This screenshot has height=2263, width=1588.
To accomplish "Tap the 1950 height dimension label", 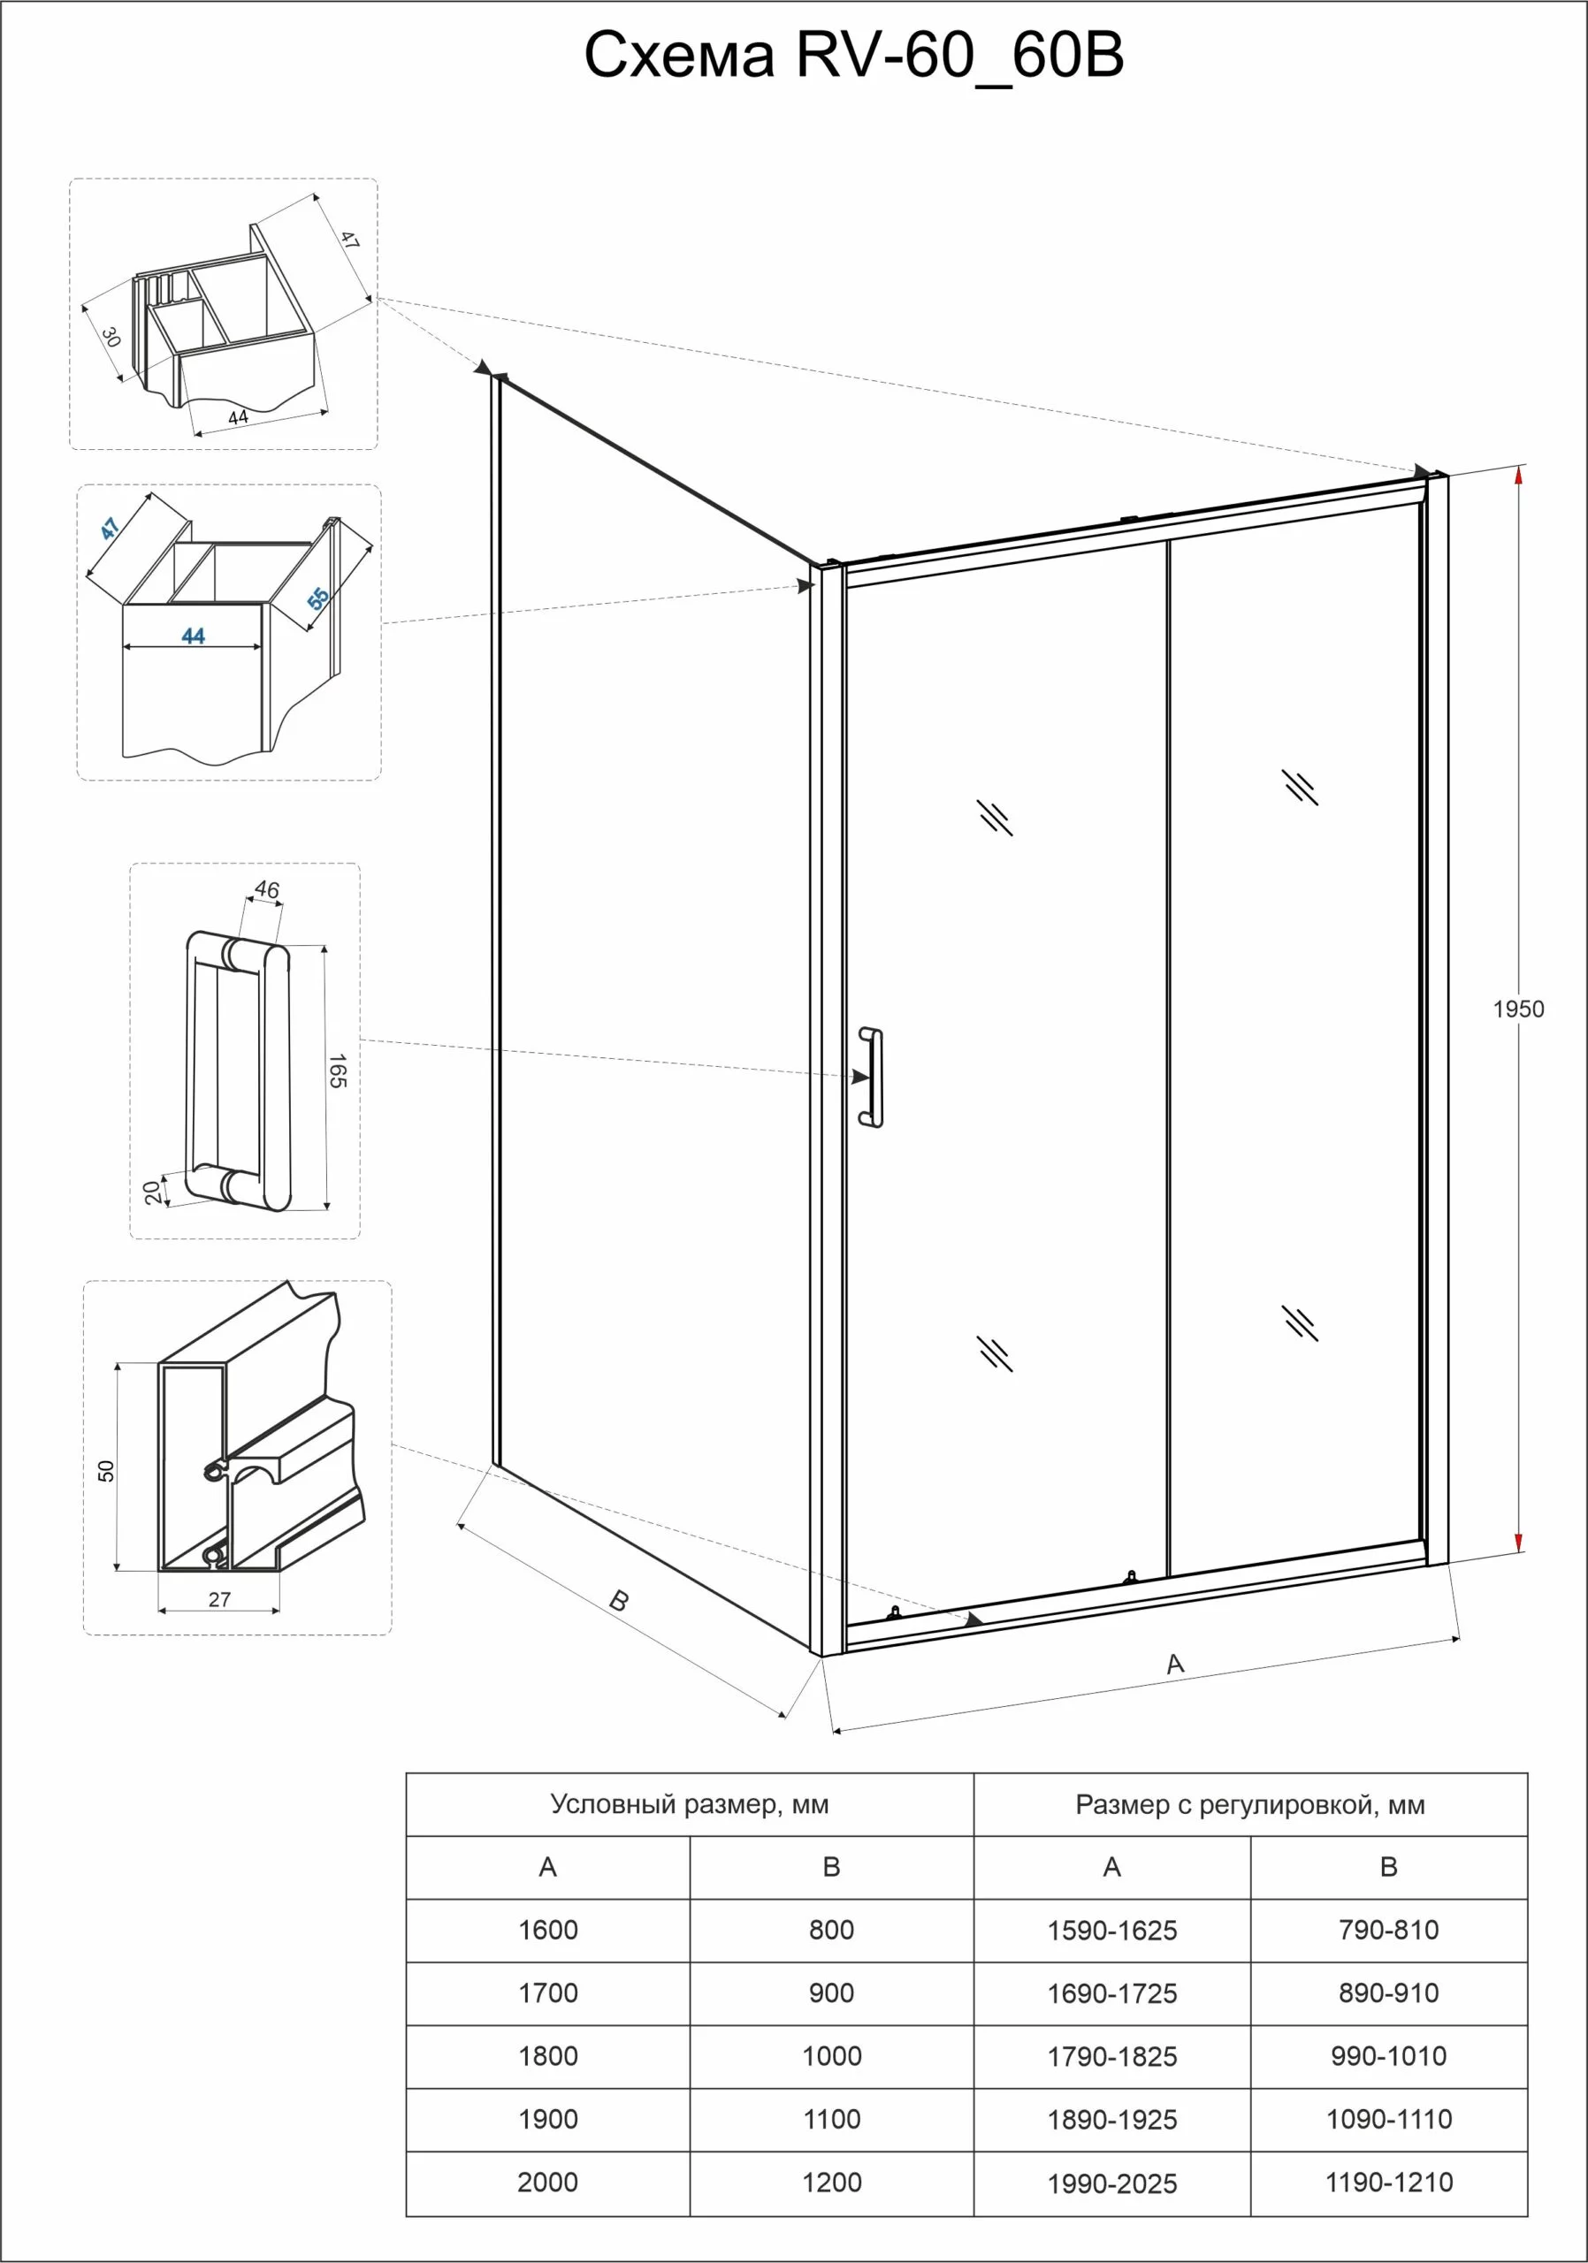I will pyautogui.click(x=1518, y=1009).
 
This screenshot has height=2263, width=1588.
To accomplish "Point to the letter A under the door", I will pyautogui.click(x=1174, y=1664).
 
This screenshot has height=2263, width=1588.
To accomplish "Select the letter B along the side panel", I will pyautogui.click(x=618, y=1601).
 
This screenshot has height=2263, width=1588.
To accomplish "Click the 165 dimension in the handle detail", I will pyautogui.click(x=337, y=1071).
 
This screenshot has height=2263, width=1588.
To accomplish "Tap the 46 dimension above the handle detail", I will pyautogui.click(x=266, y=889).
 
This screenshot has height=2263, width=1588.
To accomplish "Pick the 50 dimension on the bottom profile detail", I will pyautogui.click(x=106, y=1471).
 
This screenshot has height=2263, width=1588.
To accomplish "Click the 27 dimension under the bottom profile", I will pyautogui.click(x=218, y=1600).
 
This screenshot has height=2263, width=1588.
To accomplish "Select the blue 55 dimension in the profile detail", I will pyautogui.click(x=317, y=598).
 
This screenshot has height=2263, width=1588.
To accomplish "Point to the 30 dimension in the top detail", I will pyautogui.click(x=111, y=337).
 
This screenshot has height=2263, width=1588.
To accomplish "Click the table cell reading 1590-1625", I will pyautogui.click(x=1112, y=1931).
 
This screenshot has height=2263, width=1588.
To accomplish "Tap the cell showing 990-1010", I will pyautogui.click(x=1388, y=2056).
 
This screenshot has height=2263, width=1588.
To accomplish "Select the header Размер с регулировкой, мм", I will pyautogui.click(x=1250, y=1805).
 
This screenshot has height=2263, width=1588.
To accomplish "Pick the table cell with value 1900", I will pyautogui.click(x=547, y=2119).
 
